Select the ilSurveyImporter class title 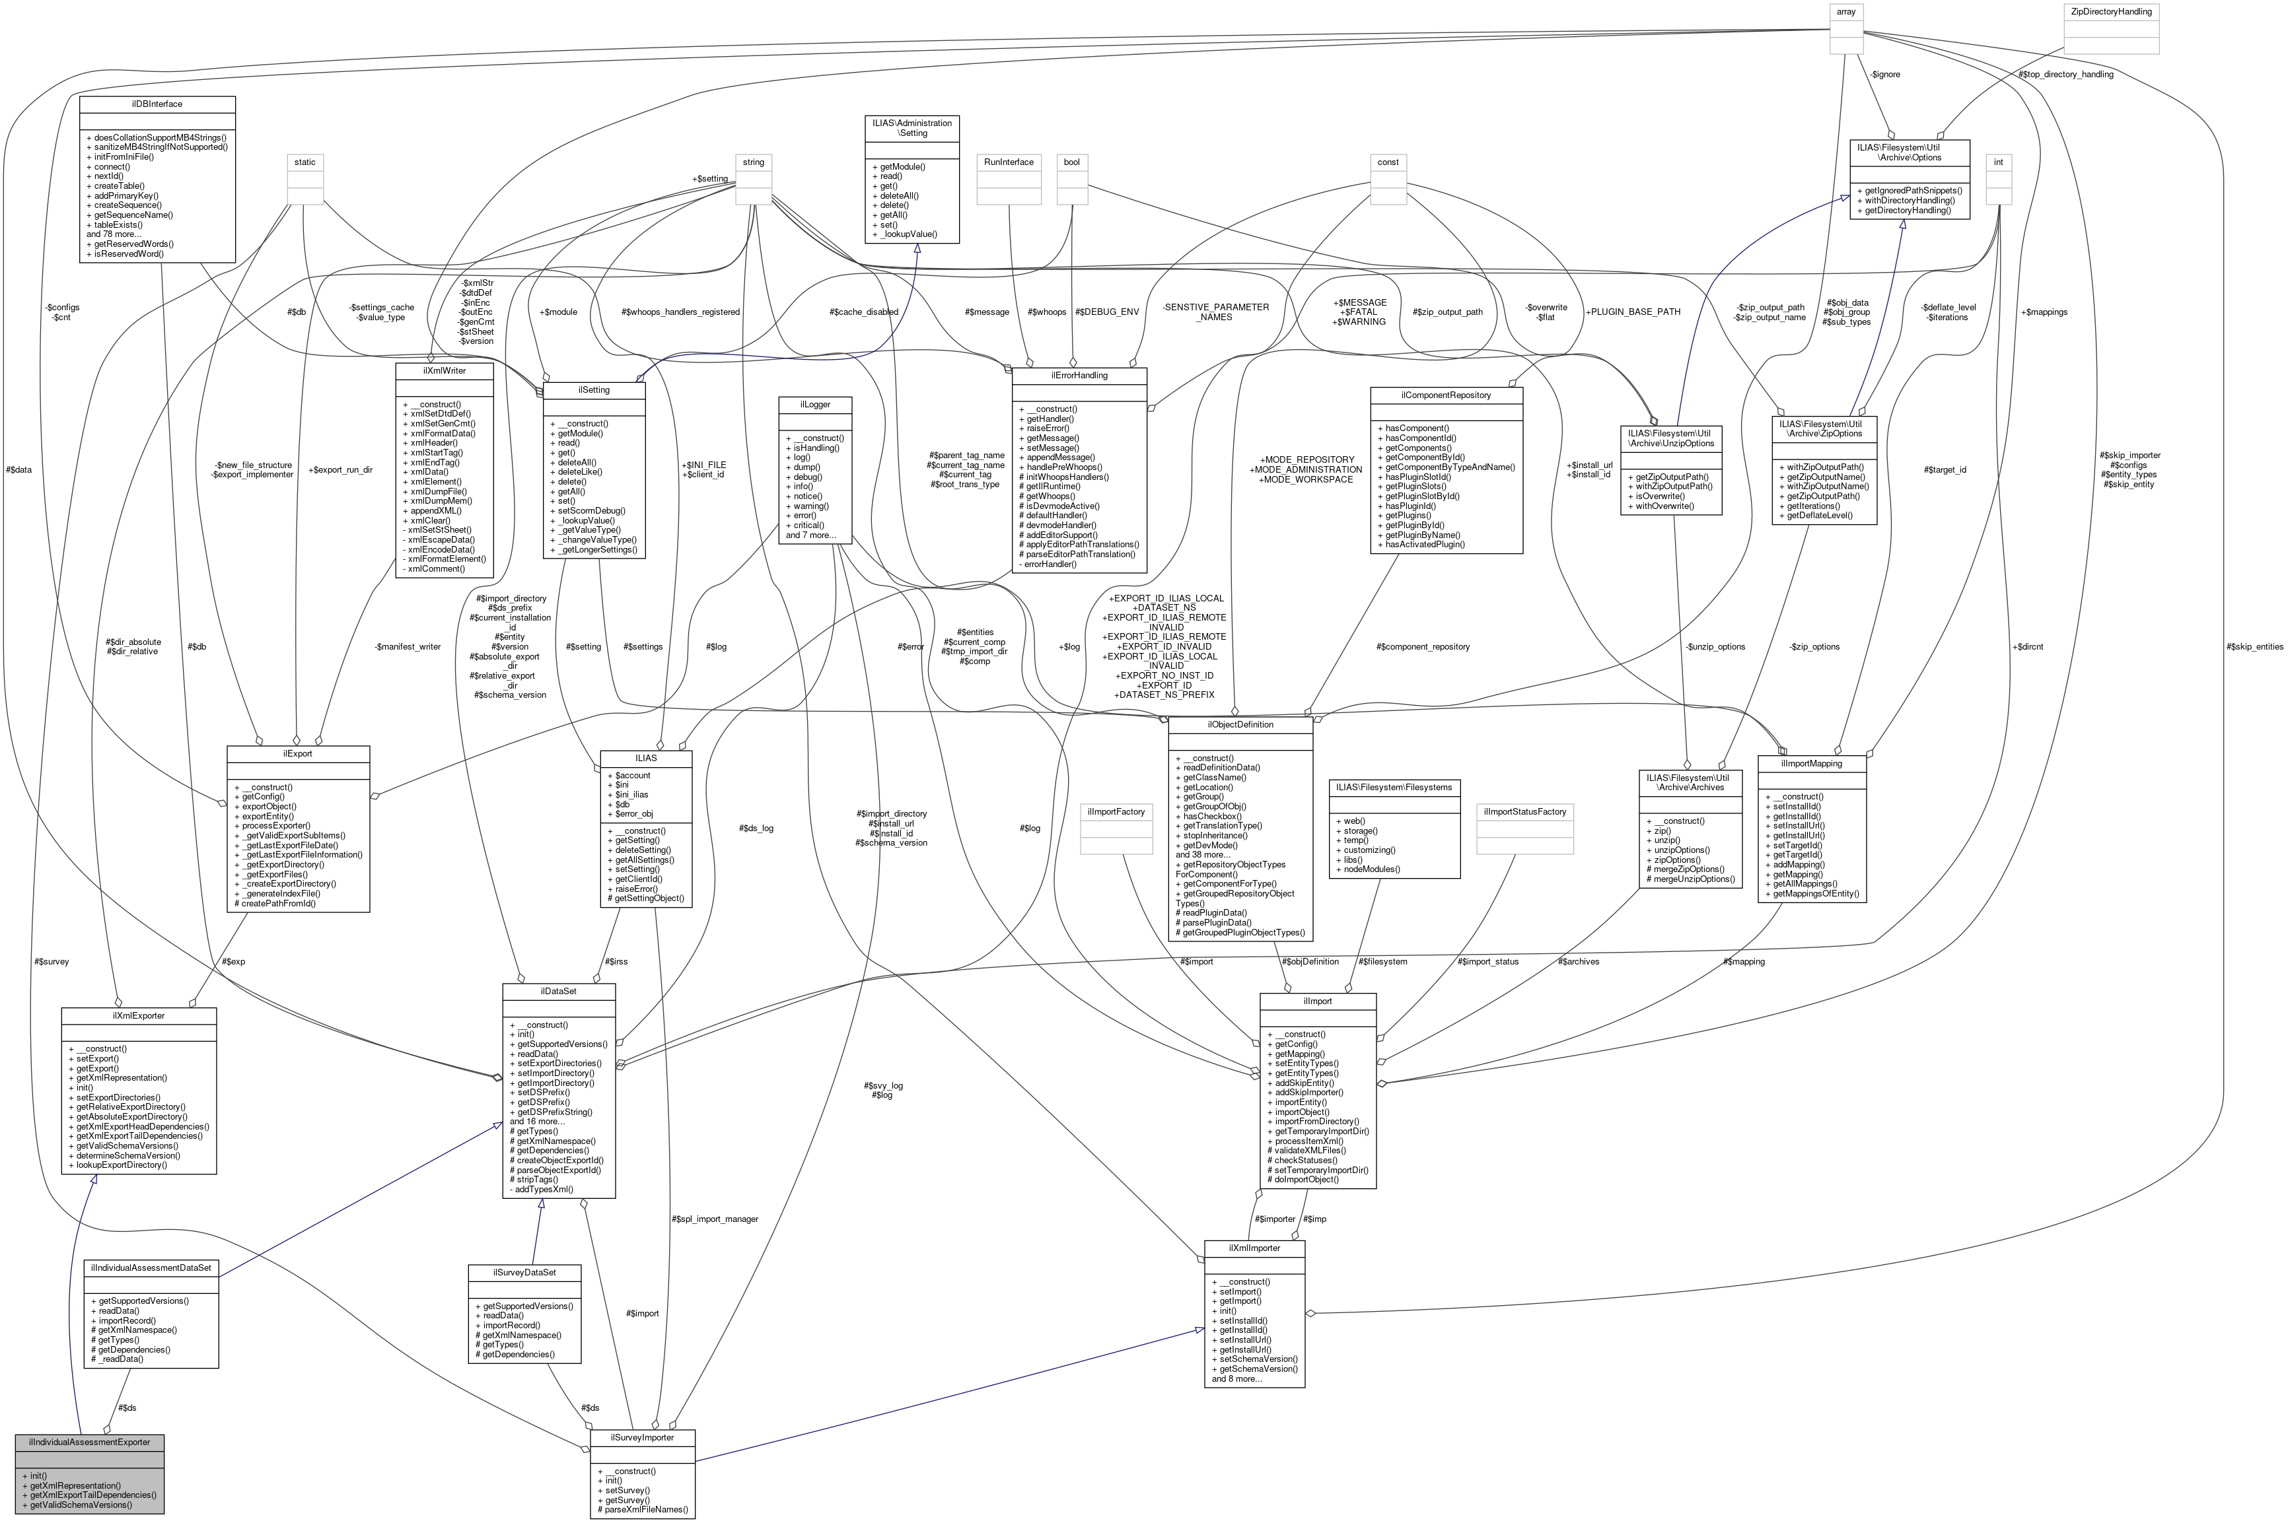click(642, 1437)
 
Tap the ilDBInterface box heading click(157, 104)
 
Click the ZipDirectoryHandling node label click(2111, 12)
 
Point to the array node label click(1845, 12)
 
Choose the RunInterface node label click(1009, 162)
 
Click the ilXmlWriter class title click(444, 370)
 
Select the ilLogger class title click(814, 404)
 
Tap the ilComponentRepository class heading click(1446, 395)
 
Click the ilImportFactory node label click(1116, 811)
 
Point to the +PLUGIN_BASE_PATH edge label click(1633, 312)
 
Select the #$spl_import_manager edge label click(714, 1218)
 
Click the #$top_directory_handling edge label click(2065, 74)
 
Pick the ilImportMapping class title click(1811, 763)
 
